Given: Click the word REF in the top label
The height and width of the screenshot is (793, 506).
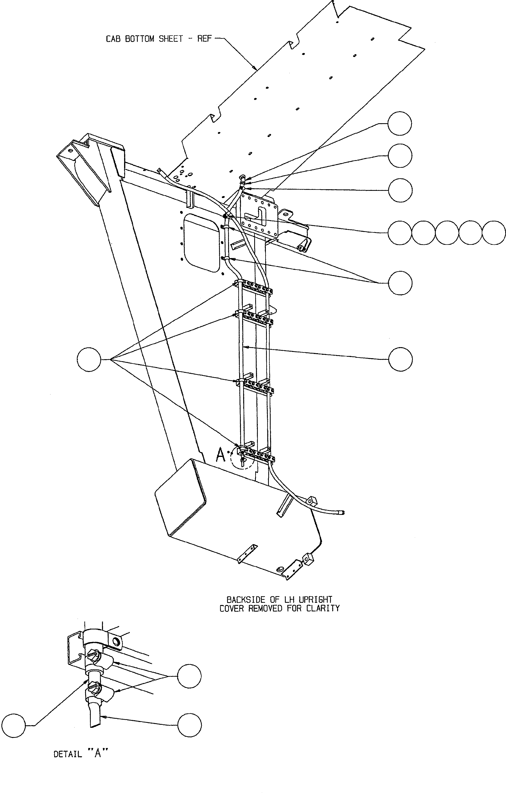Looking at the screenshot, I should coord(204,39).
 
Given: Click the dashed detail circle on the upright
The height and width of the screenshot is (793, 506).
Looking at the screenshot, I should coord(242,458).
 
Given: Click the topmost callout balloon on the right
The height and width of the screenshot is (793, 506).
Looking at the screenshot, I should coord(400,123).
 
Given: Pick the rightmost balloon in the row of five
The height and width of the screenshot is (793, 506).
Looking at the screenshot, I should coord(494,233).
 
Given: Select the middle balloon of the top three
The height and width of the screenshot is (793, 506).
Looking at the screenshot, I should coord(400,156).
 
